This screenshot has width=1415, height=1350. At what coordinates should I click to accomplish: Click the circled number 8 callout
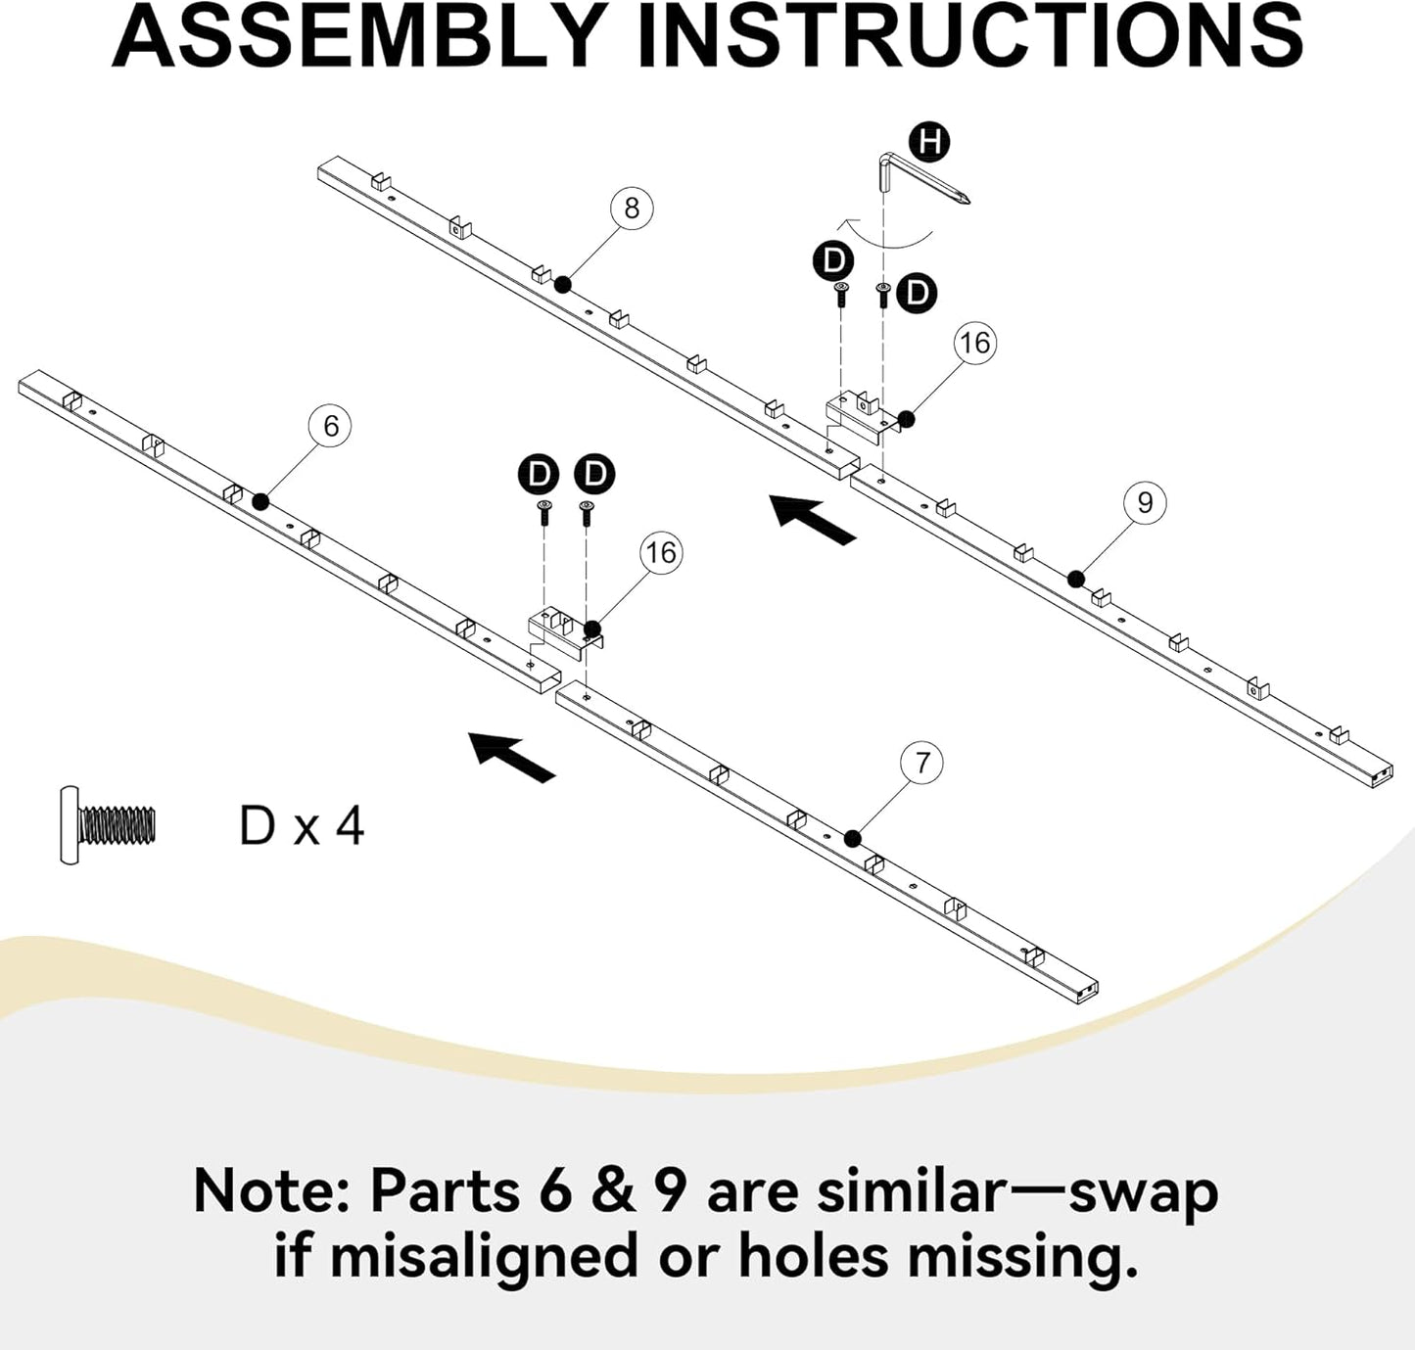coord(632,208)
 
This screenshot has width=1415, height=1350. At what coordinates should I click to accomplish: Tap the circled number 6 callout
coord(330,426)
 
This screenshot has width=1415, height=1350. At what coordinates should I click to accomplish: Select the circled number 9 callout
coord(1145,501)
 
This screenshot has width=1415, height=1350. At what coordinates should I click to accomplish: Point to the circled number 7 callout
coord(922,762)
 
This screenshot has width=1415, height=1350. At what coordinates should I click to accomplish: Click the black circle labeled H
coord(929,141)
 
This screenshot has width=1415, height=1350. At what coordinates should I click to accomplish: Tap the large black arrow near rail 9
coord(813,519)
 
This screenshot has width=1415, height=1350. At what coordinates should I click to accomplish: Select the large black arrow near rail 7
coord(512,757)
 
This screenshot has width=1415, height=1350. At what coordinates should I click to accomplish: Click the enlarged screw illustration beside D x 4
coord(108,825)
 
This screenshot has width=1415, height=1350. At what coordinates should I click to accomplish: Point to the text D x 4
coord(302,827)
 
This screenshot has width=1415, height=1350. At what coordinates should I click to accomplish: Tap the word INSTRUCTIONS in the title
coord(971,36)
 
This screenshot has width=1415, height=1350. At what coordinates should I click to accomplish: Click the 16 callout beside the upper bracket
coord(975,344)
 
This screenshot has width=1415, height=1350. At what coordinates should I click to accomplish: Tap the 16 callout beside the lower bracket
coord(661,553)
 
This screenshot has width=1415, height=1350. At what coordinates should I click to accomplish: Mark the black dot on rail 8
coord(564,285)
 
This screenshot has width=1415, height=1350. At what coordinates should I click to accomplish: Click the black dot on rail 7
coord(853,838)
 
